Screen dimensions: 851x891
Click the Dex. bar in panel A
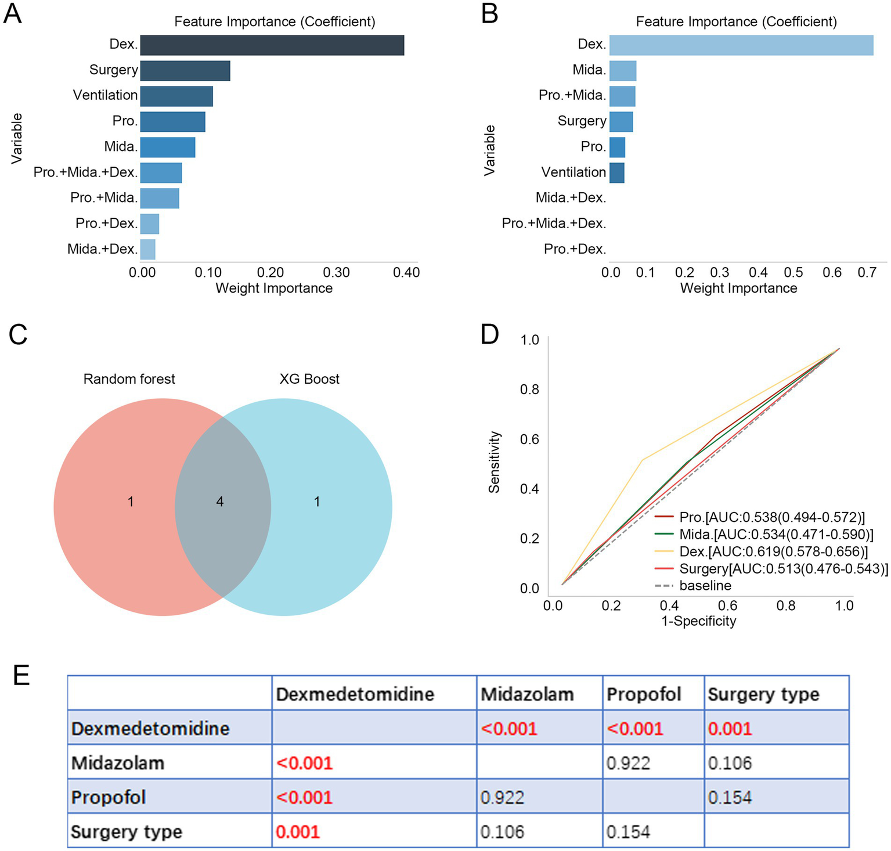pyautogui.click(x=272, y=45)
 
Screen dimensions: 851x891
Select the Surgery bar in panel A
pyautogui.click(x=185, y=71)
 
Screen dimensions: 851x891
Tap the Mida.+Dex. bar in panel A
pyautogui.click(x=148, y=249)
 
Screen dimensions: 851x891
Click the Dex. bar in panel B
pyautogui.click(x=741, y=45)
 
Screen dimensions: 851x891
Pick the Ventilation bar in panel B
pyautogui.click(x=616, y=172)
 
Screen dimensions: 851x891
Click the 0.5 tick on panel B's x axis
pyautogui.click(x=793, y=273)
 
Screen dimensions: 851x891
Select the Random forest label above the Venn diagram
pyautogui.click(x=129, y=379)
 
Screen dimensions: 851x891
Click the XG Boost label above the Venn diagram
pyautogui.click(x=309, y=379)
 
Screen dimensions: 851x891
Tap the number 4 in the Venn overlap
pyautogui.click(x=220, y=502)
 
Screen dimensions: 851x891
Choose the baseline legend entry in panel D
pyautogui.click(x=705, y=586)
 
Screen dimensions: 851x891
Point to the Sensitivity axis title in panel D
pyautogui.click(x=495, y=462)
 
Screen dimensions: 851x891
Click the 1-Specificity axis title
pyautogui.click(x=698, y=621)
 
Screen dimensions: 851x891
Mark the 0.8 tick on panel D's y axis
pyautogui.click(x=530, y=390)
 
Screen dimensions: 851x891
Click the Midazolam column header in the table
pyautogui.click(x=527, y=694)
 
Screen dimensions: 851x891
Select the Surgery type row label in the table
pyautogui.click(x=127, y=832)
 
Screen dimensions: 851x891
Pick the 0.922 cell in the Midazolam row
pyautogui.click(x=628, y=763)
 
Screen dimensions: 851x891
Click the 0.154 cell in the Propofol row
pyautogui.click(x=730, y=798)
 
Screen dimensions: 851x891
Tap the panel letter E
pyautogui.click(x=21, y=676)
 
